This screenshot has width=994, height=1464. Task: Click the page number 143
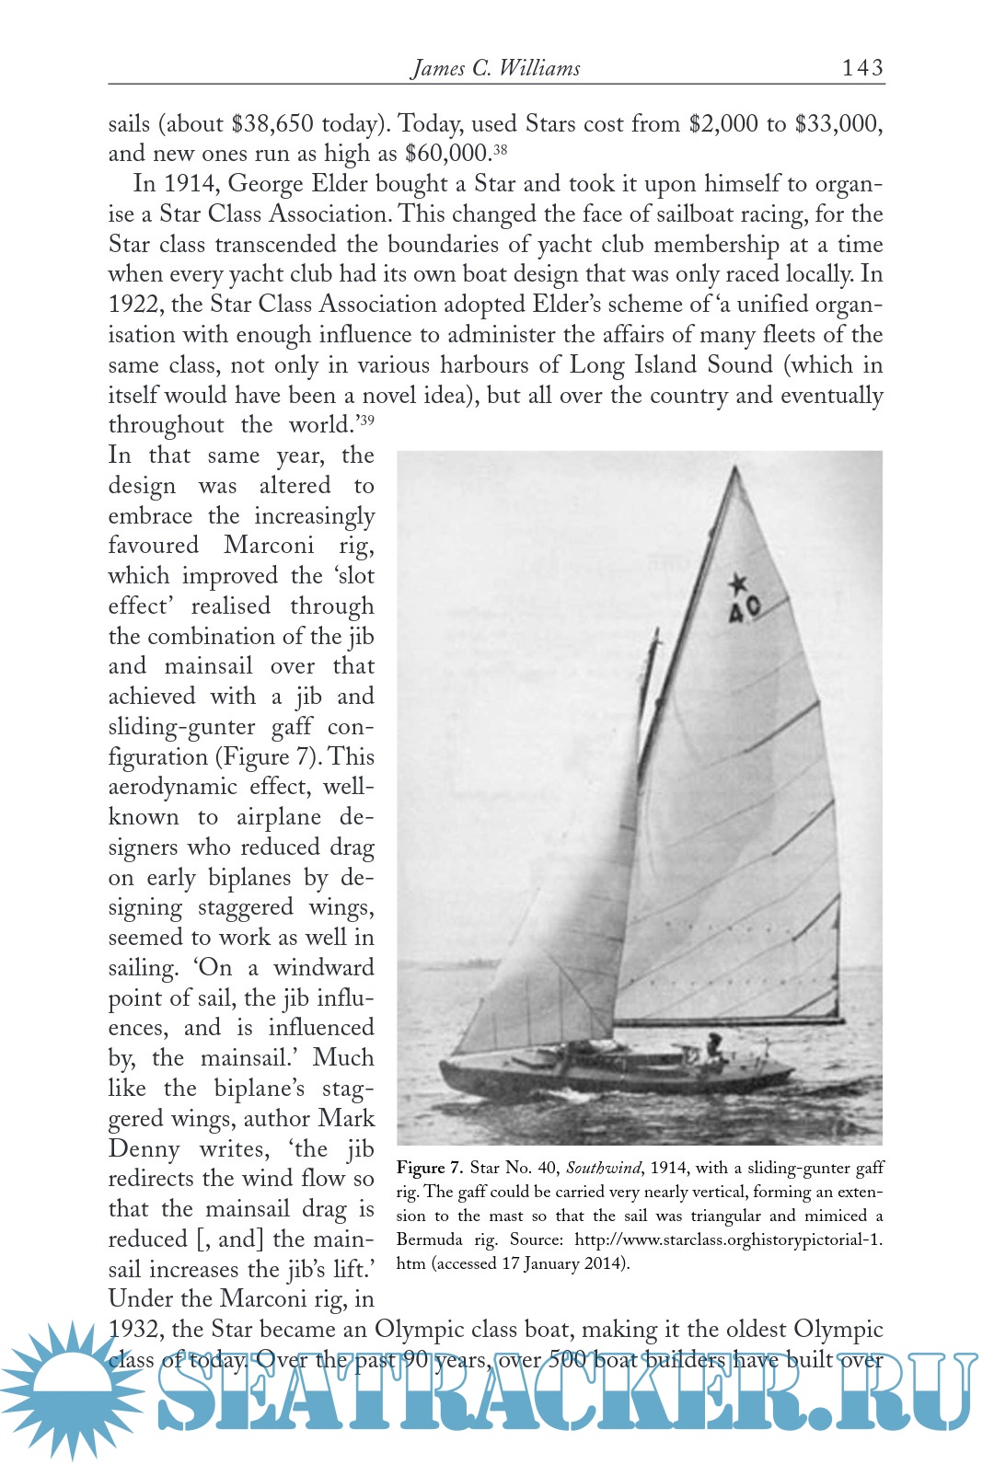(861, 67)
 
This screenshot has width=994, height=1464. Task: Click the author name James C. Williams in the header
(495, 68)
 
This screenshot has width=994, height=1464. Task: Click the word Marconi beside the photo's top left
(269, 545)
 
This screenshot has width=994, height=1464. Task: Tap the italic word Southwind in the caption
(603, 1168)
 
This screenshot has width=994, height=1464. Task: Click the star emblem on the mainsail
(737, 583)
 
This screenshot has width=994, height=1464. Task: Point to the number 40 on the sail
(744, 608)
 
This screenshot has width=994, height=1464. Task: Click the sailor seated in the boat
(713, 1045)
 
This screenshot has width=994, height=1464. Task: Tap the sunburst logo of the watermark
(69, 1390)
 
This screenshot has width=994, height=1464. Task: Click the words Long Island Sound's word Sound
(739, 364)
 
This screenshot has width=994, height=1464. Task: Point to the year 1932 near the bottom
(136, 1330)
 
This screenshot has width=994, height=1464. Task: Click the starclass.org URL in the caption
(727, 1239)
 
